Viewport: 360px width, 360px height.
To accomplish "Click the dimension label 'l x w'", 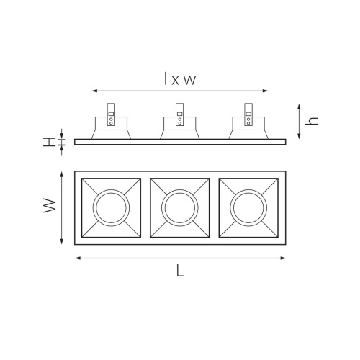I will [x=180, y=80].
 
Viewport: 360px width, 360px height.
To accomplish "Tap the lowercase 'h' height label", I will [x=311, y=120].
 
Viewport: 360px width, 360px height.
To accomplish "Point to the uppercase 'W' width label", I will [x=49, y=207].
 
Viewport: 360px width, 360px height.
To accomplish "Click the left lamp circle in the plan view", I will [x=112, y=207].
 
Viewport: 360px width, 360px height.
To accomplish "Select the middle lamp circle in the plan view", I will [x=180, y=207].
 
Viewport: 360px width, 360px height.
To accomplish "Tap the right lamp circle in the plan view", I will [x=248, y=207].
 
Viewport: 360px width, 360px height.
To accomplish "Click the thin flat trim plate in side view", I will [x=180, y=140].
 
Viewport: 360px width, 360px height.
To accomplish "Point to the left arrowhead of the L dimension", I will [x=76, y=257].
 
